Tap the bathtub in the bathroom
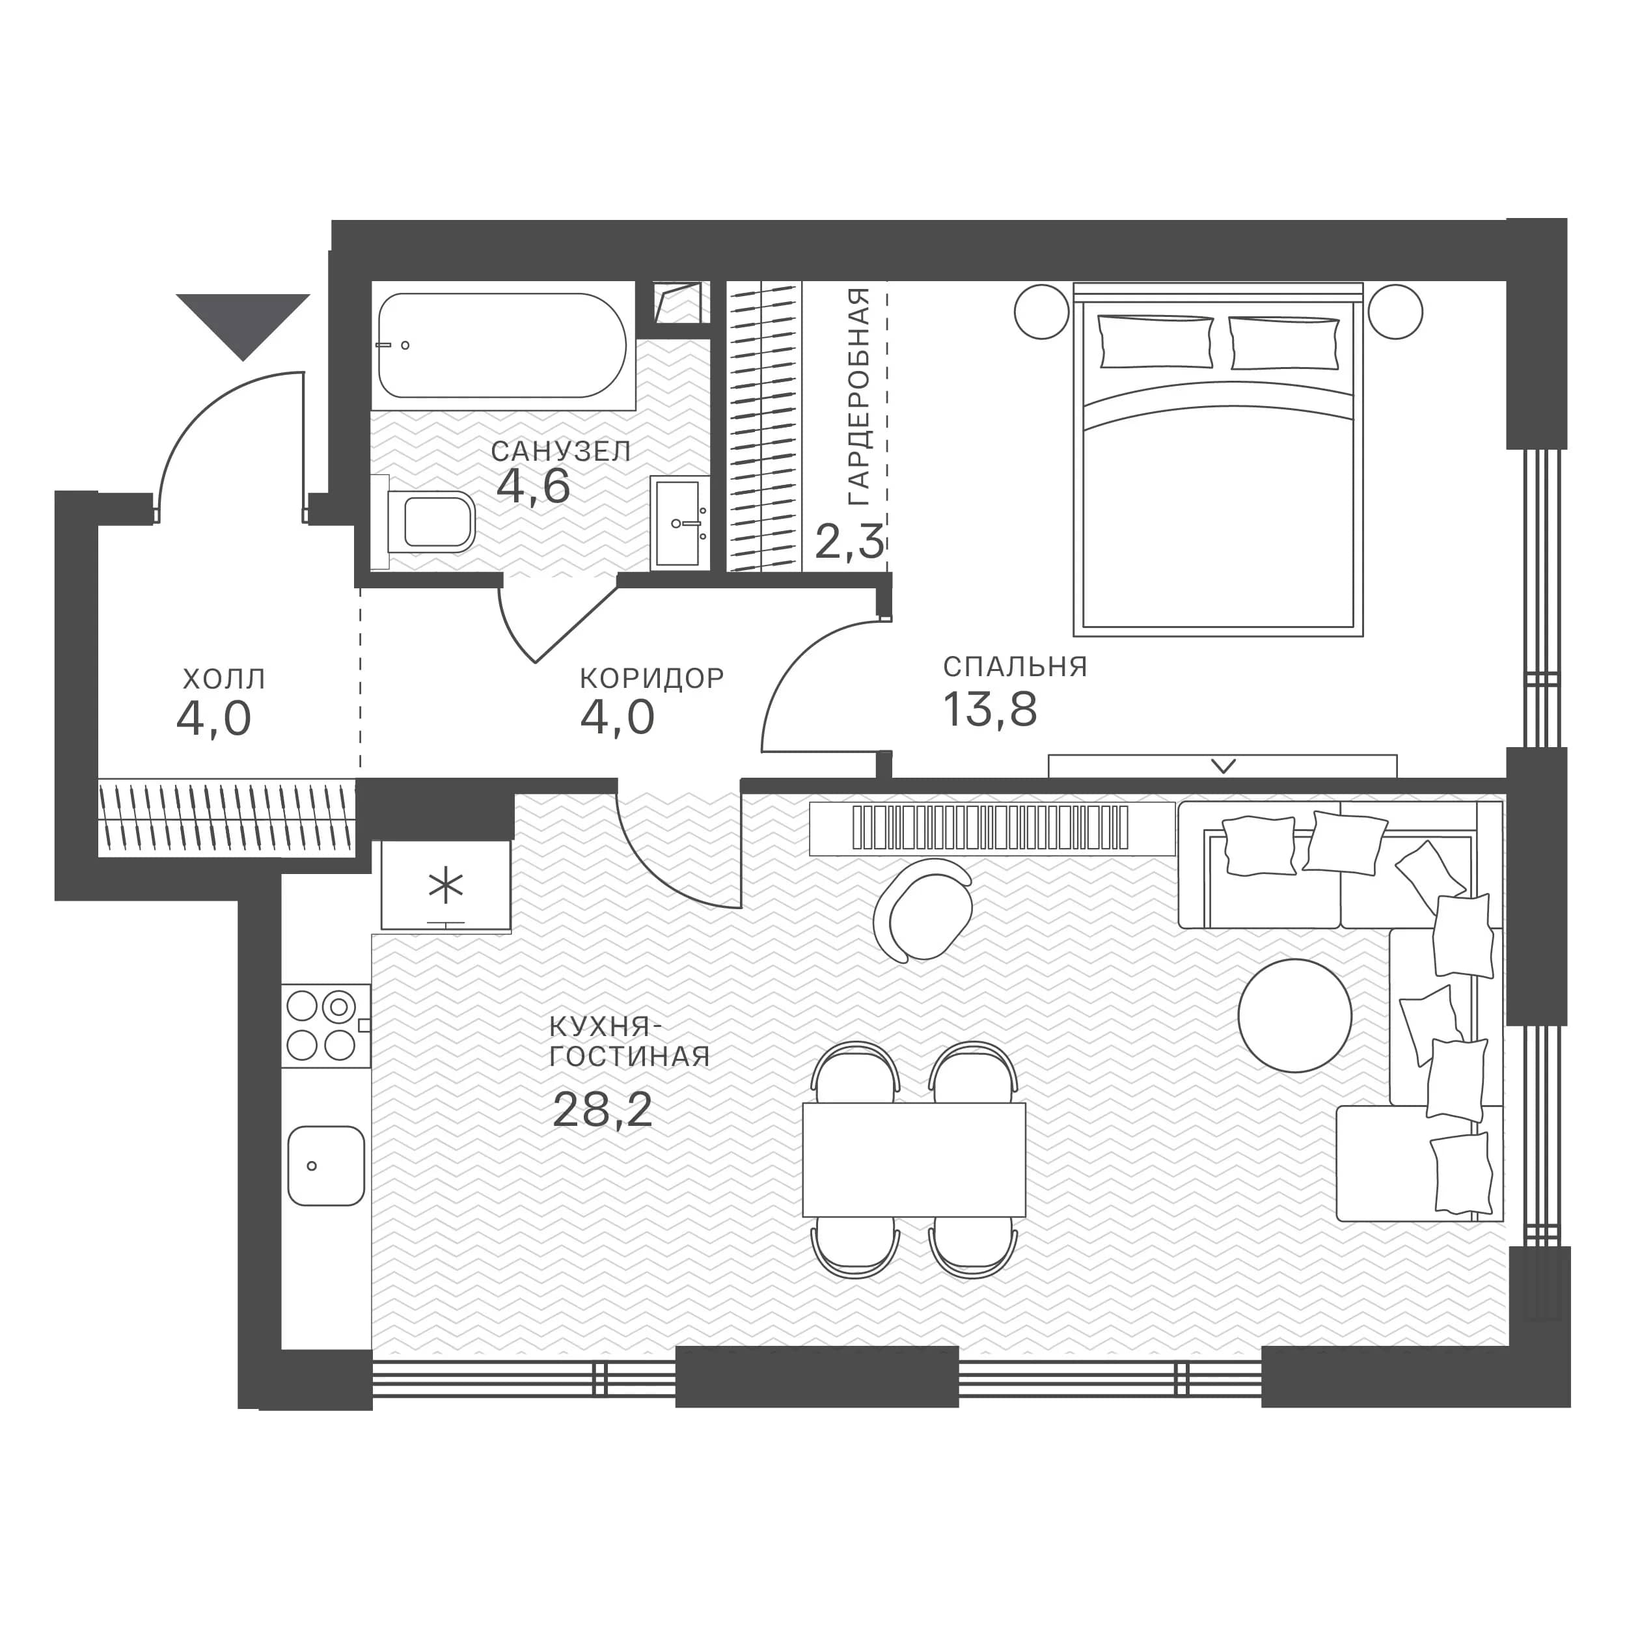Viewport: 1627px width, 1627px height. pyautogui.click(x=502, y=346)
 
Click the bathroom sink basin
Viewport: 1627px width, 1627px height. pyautogui.click(x=679, y=523)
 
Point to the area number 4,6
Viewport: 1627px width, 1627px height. pyautogui.click(x=533, y=486)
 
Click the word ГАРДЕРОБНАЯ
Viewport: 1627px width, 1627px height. pyautogui.click(x=858, y=396)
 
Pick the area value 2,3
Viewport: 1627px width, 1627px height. pyautogui.click(x=850, y=541)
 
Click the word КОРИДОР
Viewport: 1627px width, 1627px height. pyautogui.click(x=652, y=678)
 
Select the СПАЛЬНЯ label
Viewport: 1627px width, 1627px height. pyautogui.click(x=1015, y=667)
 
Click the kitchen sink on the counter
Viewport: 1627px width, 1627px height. pyautogui.click(x=326, y=1166)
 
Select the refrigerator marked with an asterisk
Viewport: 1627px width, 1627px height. pyautogui.click(x=446, y=885)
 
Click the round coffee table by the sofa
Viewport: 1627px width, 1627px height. pyautogui.click(x=1294, y=1016)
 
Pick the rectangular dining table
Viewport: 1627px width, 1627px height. pyautogui.click(x=914, y=1160)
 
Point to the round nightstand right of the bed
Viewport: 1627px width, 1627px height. pyautogui.click(x=1395, y=312)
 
